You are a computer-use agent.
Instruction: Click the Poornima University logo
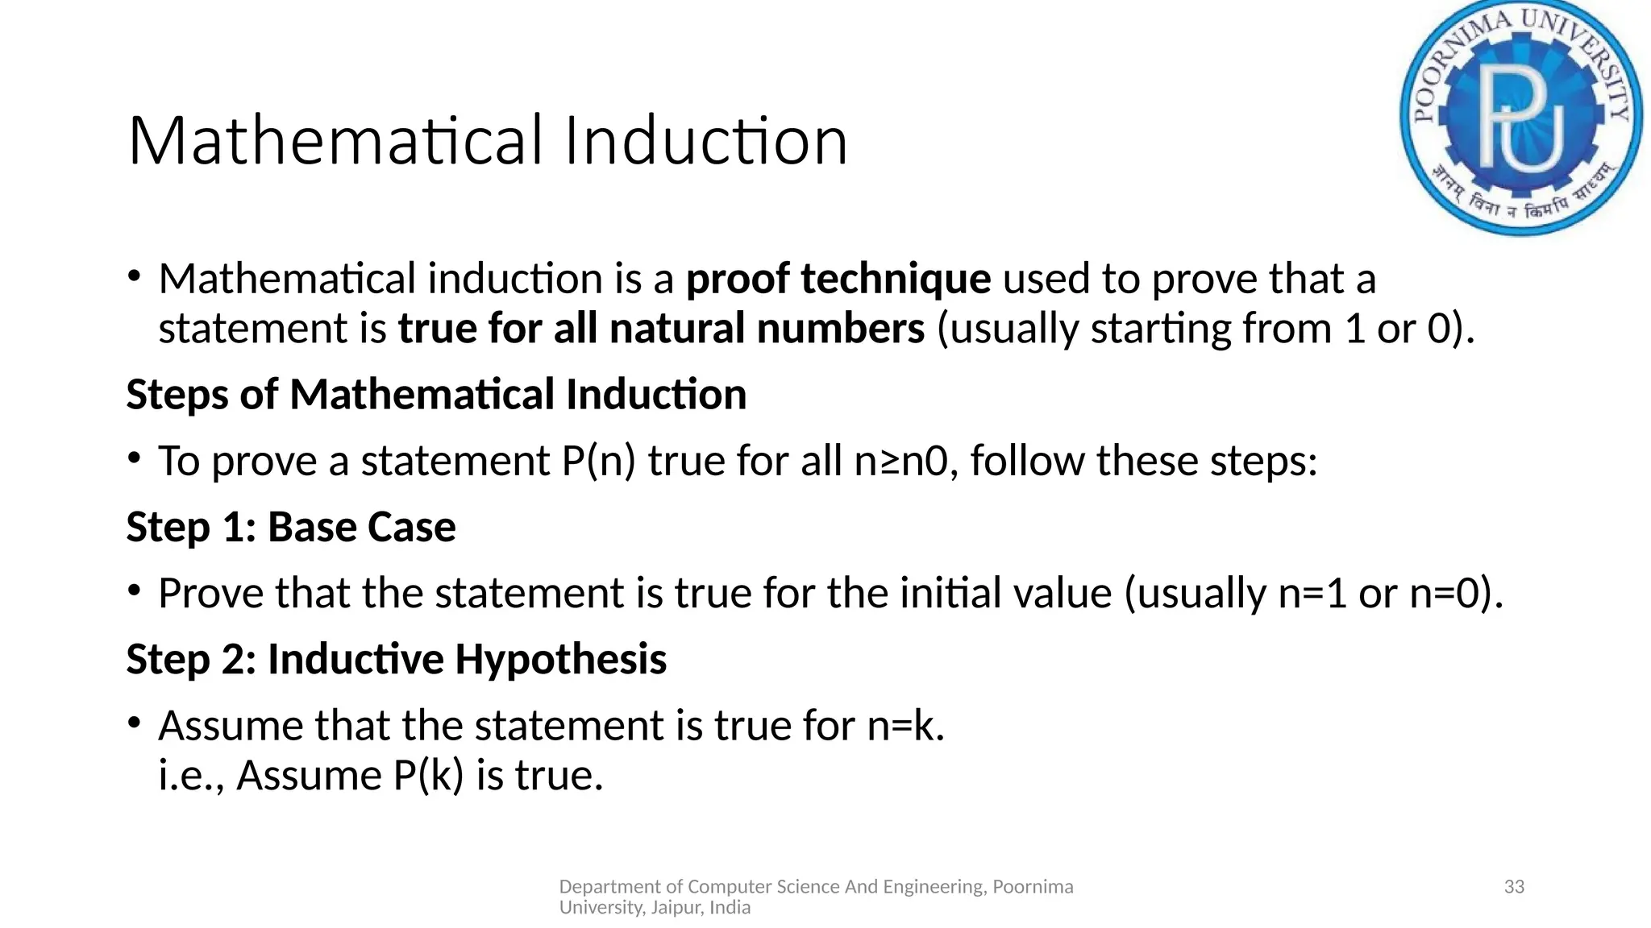[1521, 118]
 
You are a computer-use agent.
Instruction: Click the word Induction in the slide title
[705, 141]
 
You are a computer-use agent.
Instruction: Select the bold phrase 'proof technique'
[838, 279]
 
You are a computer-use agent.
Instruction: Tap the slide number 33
[1514, 887]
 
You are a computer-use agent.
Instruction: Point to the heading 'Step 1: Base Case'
[291, 527]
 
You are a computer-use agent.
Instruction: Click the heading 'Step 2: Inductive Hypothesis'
[396, 659]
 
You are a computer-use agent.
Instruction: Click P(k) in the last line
[428, 775]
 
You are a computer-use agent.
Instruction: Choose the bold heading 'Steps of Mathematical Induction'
[436, 395]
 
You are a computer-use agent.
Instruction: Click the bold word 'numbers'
[841, 329]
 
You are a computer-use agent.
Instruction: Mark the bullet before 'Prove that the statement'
[135, 591]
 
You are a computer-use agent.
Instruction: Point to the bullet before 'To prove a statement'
[135, 459]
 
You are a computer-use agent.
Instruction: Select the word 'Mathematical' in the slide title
[335, 141]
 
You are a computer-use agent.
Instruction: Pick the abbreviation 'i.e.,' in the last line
[191, 775]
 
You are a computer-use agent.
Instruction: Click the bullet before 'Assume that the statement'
[135, 723]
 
